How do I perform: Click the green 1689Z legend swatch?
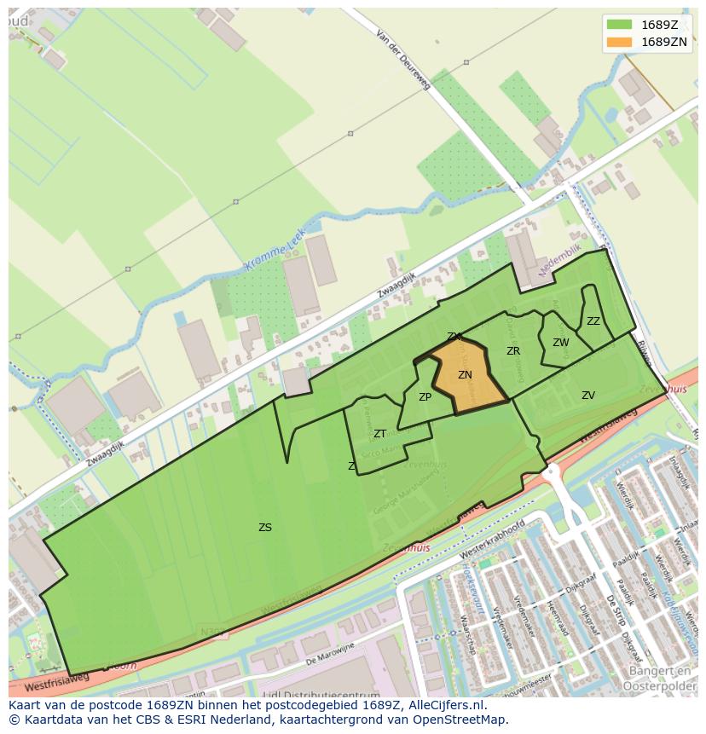[619, 24]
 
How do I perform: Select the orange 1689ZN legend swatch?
[619, 41]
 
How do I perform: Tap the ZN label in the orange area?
[465, 374]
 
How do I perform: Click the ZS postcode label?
[265, 527]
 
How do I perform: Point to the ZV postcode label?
[588, 395]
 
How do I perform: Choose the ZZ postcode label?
[593, 321]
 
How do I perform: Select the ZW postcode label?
[560, 343]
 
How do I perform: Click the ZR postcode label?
[513, 350]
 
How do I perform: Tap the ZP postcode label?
[425, 396]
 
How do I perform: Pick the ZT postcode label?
[379, 433]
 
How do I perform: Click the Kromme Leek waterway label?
[275, 254]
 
